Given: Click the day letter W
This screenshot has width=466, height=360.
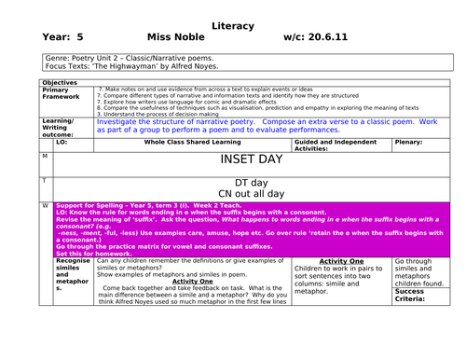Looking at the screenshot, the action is (x=45, y=205).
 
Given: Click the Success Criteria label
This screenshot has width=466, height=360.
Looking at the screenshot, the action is (x=411, y=295).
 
